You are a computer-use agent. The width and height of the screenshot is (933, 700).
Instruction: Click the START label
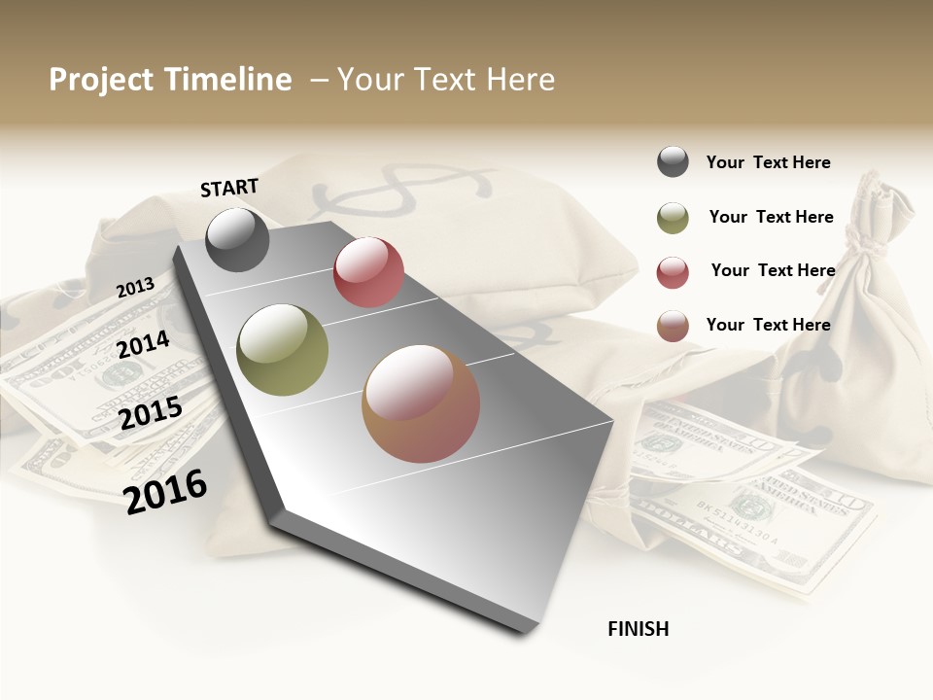tap(229, 188)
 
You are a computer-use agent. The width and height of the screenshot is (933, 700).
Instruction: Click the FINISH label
tap(638, 629)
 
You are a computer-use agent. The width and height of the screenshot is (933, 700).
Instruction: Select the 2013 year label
tap(135, 288)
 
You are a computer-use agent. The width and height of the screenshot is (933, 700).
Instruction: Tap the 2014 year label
tap(143, 345)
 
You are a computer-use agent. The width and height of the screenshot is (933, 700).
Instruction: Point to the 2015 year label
tap(150, 413)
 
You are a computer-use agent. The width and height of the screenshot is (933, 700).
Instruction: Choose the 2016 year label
tap(165, 491)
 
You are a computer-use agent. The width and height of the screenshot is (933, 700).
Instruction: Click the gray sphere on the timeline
tap(238, 239)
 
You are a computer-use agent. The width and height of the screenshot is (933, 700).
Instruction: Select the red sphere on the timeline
tap(368, 272)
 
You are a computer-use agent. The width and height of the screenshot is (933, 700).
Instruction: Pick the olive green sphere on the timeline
tap(283, 350)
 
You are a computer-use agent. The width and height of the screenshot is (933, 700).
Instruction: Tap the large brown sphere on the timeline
tap(421, 403)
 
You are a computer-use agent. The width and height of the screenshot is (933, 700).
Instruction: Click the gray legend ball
tap(673, 162)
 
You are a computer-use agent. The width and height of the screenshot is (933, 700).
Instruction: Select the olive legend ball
tap(673, 218)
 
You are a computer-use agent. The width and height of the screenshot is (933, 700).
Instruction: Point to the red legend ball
tap(673, 272)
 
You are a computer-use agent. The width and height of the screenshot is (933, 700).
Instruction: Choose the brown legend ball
tap(673, 326)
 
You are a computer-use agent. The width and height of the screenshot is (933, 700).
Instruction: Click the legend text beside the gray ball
tap(768, 162)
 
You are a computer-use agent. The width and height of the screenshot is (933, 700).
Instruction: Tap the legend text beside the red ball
tap(773, 270)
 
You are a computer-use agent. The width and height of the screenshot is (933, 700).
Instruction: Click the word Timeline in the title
tap(228, 80)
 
